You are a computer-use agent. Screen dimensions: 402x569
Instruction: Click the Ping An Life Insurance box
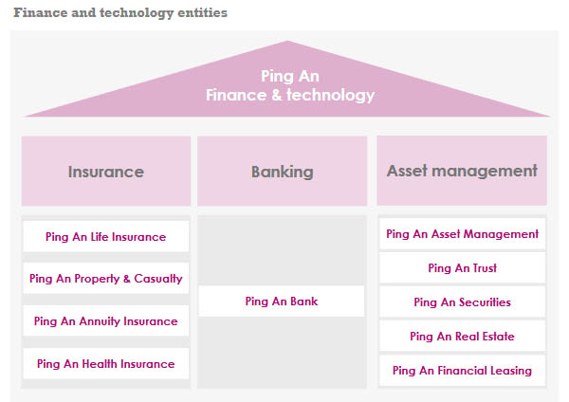point(105,237)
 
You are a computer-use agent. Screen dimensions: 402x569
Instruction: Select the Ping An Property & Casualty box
point(105,279)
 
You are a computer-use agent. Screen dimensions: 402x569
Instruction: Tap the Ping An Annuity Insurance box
point(105,321)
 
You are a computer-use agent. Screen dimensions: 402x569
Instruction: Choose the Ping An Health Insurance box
point(105,363)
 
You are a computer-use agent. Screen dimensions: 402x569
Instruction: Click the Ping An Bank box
point(282,301)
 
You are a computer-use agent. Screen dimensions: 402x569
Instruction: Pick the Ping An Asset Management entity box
point(462,234)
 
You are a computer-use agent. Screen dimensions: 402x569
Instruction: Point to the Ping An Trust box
point(462,268)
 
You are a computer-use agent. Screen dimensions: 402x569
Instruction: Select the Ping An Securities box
point(462,302)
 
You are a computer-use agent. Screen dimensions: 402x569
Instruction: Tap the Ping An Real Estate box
point(462,337)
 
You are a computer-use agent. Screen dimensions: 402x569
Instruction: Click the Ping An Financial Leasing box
point(462,371)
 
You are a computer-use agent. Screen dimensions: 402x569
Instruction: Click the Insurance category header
point(105,172)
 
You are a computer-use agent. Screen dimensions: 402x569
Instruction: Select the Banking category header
point(282,172)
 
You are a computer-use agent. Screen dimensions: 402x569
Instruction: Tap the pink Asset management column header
point(462,171)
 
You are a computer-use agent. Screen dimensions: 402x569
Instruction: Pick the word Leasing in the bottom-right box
point(510,371)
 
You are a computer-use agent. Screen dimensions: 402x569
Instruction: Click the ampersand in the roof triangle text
point(269,95)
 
